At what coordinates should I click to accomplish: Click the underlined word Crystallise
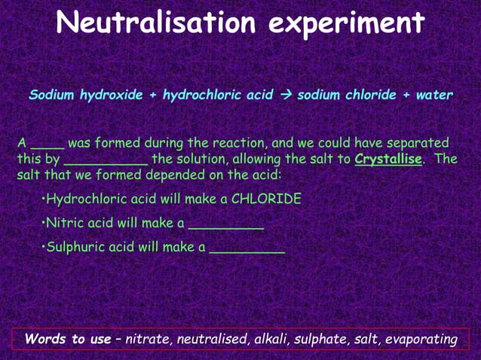388,160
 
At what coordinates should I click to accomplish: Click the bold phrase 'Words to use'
67,340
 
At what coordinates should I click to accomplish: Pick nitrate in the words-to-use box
148,340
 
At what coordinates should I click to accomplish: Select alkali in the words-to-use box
270,340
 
